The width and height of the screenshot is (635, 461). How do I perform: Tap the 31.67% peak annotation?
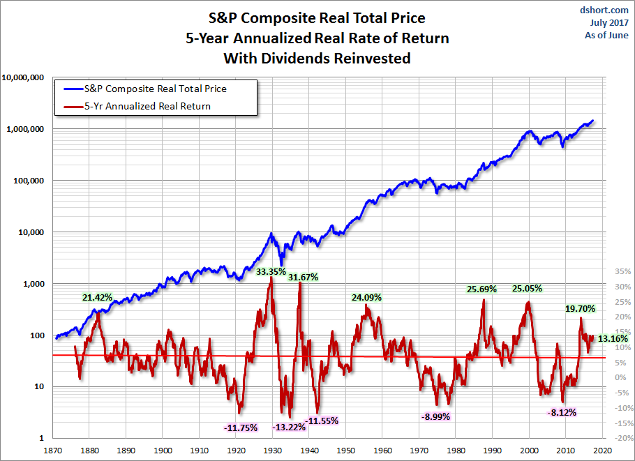tap(303, 277)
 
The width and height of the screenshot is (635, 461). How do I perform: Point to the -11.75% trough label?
tap(241, 428)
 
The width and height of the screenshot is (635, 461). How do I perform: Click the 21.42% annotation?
tap(97, 298)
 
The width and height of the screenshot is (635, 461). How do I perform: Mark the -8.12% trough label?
tap(562, 412)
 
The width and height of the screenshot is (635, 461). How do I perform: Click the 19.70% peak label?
tap(581, 308)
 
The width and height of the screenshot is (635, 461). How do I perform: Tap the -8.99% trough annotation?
tap(435, 416)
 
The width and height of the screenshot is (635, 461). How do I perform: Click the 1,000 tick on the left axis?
tap(34, 284)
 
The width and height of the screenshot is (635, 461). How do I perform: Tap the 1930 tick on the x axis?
tap(273, 451)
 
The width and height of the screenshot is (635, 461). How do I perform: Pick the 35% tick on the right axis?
tap(622, 271)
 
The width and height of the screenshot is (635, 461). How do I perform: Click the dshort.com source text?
tap(605, 10)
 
